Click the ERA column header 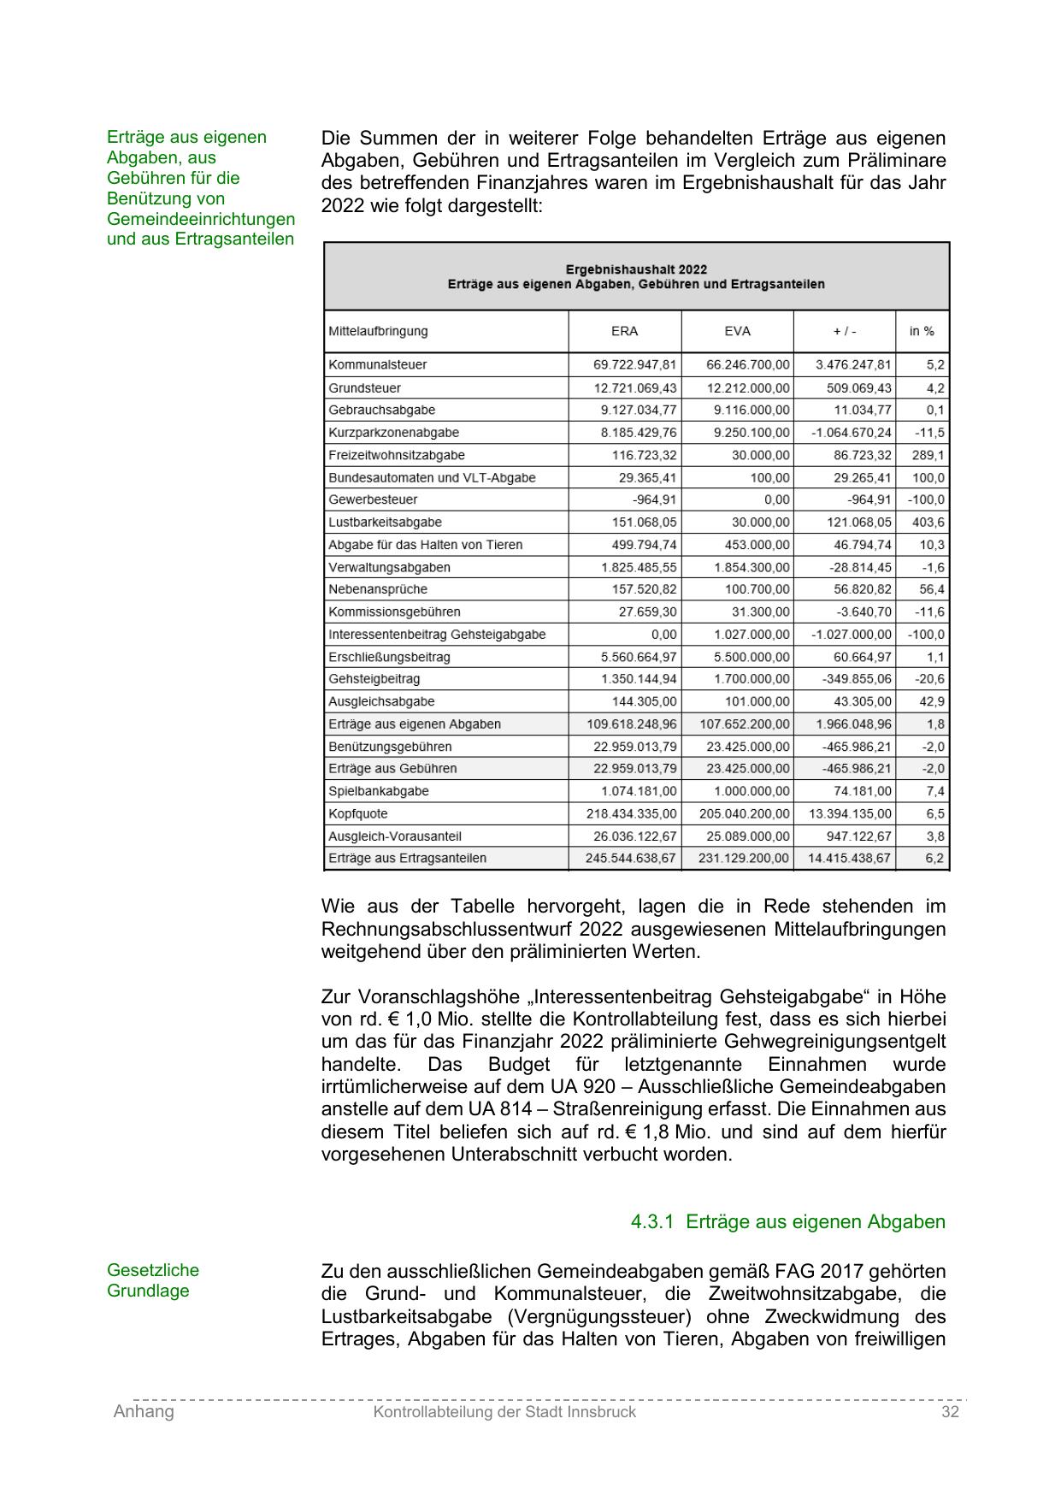pyautogui.click(x=624, y=331)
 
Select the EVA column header pyautogui.click(x=737, y=331)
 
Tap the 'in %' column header pyautogui.click(x=922, y=331)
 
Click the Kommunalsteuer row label pyautogui.click(x=377, y=364)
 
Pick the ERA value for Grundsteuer pyautogui.click(x=634, y=388)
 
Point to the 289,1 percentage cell pyautogui.click(x=928, y=455)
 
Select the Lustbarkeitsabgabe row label pyautogui.click(x=385, y=522)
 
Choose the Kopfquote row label pyautogui.click(x=357, y=813)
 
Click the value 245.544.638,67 pyautogui.click(x=631, y=858)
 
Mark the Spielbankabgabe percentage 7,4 pyautogui.click(x=934, y=791)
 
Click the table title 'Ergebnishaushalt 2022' pyautogui.click(x=636, y=269)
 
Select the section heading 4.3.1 pyautogui.click(x=787, y=1221)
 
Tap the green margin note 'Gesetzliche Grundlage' pyautogui.click(x=152, y=1280)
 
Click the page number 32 pyautogui.click(x=950, y=1412)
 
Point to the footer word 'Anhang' pyautogui.click(x=144, y=1412)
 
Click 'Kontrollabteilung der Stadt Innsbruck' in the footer pyautogui.click(x=504, y=1412)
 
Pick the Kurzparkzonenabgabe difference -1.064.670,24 pyautogui.click(x=851, y=433)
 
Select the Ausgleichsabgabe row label pyautogui.click(x=381, y=701)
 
